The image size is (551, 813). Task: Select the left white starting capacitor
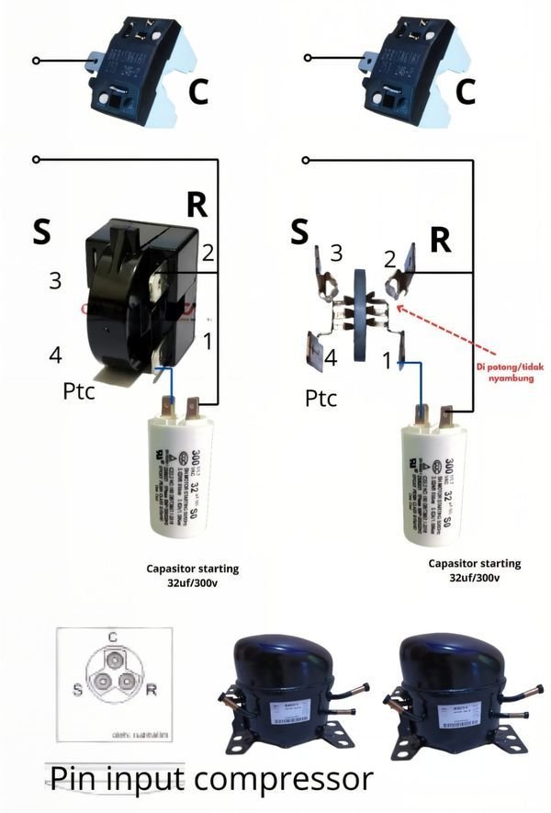189,473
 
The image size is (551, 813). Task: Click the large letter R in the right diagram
442,240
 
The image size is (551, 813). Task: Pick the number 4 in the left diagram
56,354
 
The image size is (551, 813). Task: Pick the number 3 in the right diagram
336,253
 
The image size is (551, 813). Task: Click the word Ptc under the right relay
320,399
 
